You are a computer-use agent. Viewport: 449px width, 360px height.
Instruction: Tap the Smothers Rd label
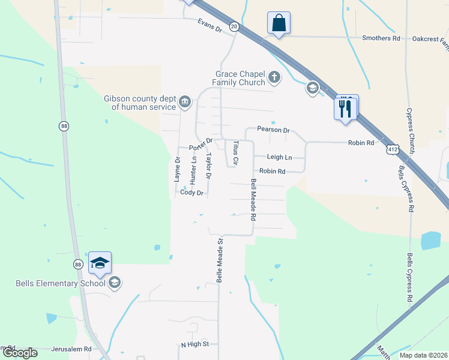pos(381,38)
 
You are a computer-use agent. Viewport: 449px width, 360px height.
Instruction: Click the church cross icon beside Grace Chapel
pos(274,76)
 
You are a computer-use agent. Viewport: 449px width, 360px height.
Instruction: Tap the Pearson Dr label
pos(273,130)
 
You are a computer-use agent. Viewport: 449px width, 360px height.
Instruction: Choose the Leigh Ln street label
pos(279,157)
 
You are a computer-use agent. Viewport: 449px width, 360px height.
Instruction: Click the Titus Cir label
pos(236,152)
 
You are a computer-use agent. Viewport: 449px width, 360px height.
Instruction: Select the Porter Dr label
pos(201,145)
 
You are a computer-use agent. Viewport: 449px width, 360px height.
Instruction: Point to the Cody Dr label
pos(193,193)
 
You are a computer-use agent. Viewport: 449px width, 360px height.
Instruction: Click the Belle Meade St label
pos(220,261)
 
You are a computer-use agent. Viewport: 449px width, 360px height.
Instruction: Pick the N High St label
pos(194,344)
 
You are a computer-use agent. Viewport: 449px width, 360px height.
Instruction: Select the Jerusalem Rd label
pos(71,349)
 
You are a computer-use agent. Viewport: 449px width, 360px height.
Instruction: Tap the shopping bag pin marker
pos(279,23)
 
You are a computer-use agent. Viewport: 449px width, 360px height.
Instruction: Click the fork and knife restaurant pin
pos(346,108)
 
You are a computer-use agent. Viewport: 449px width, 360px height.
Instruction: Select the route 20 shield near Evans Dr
pos(234,26)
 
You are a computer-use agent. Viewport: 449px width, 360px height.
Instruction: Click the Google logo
pos(20,353)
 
